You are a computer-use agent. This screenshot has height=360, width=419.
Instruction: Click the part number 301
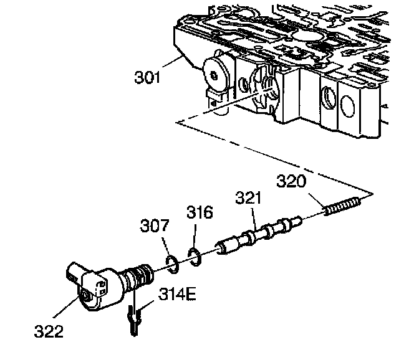click(x=147, y=78)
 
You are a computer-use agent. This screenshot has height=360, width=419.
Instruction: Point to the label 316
click(x=200, y=212)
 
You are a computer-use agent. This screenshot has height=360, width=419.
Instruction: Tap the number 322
click(x=49, y=331)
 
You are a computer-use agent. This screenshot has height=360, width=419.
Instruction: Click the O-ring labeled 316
click(x=193, y=256)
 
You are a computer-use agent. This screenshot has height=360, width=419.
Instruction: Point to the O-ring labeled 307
click(x=173, y=263)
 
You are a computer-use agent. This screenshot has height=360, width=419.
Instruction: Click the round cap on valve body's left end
click(x=215, y=75)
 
